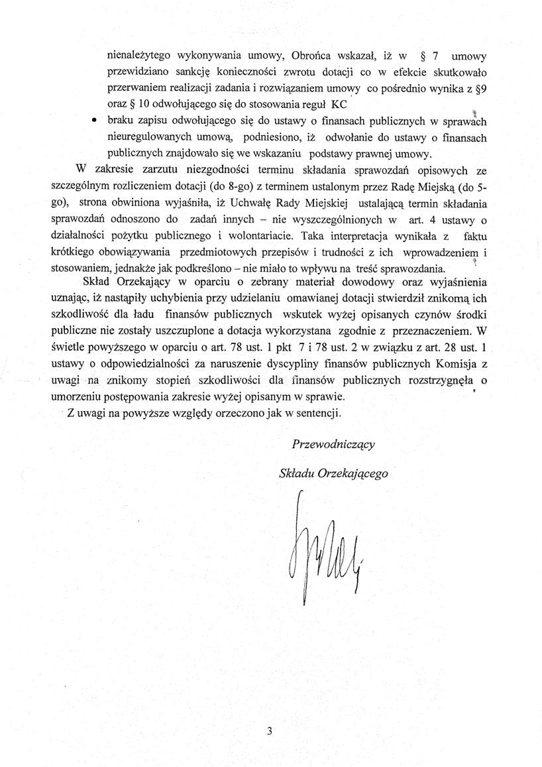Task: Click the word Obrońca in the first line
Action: pos(313,54)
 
